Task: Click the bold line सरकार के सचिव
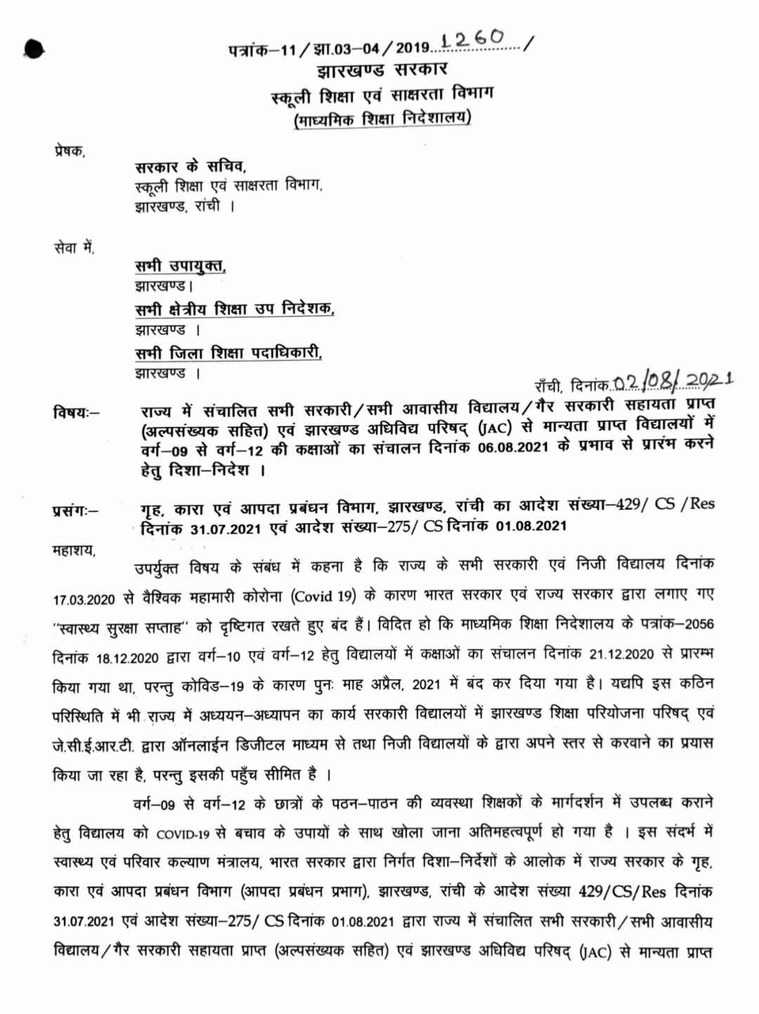coord(190,167)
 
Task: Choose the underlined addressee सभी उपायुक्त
coord(181,266)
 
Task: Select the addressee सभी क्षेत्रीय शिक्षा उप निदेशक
coord(235,309)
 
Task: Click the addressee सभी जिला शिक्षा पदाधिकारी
coord(228,353)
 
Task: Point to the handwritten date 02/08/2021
coord(673,381)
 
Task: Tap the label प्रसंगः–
coord(75,511)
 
